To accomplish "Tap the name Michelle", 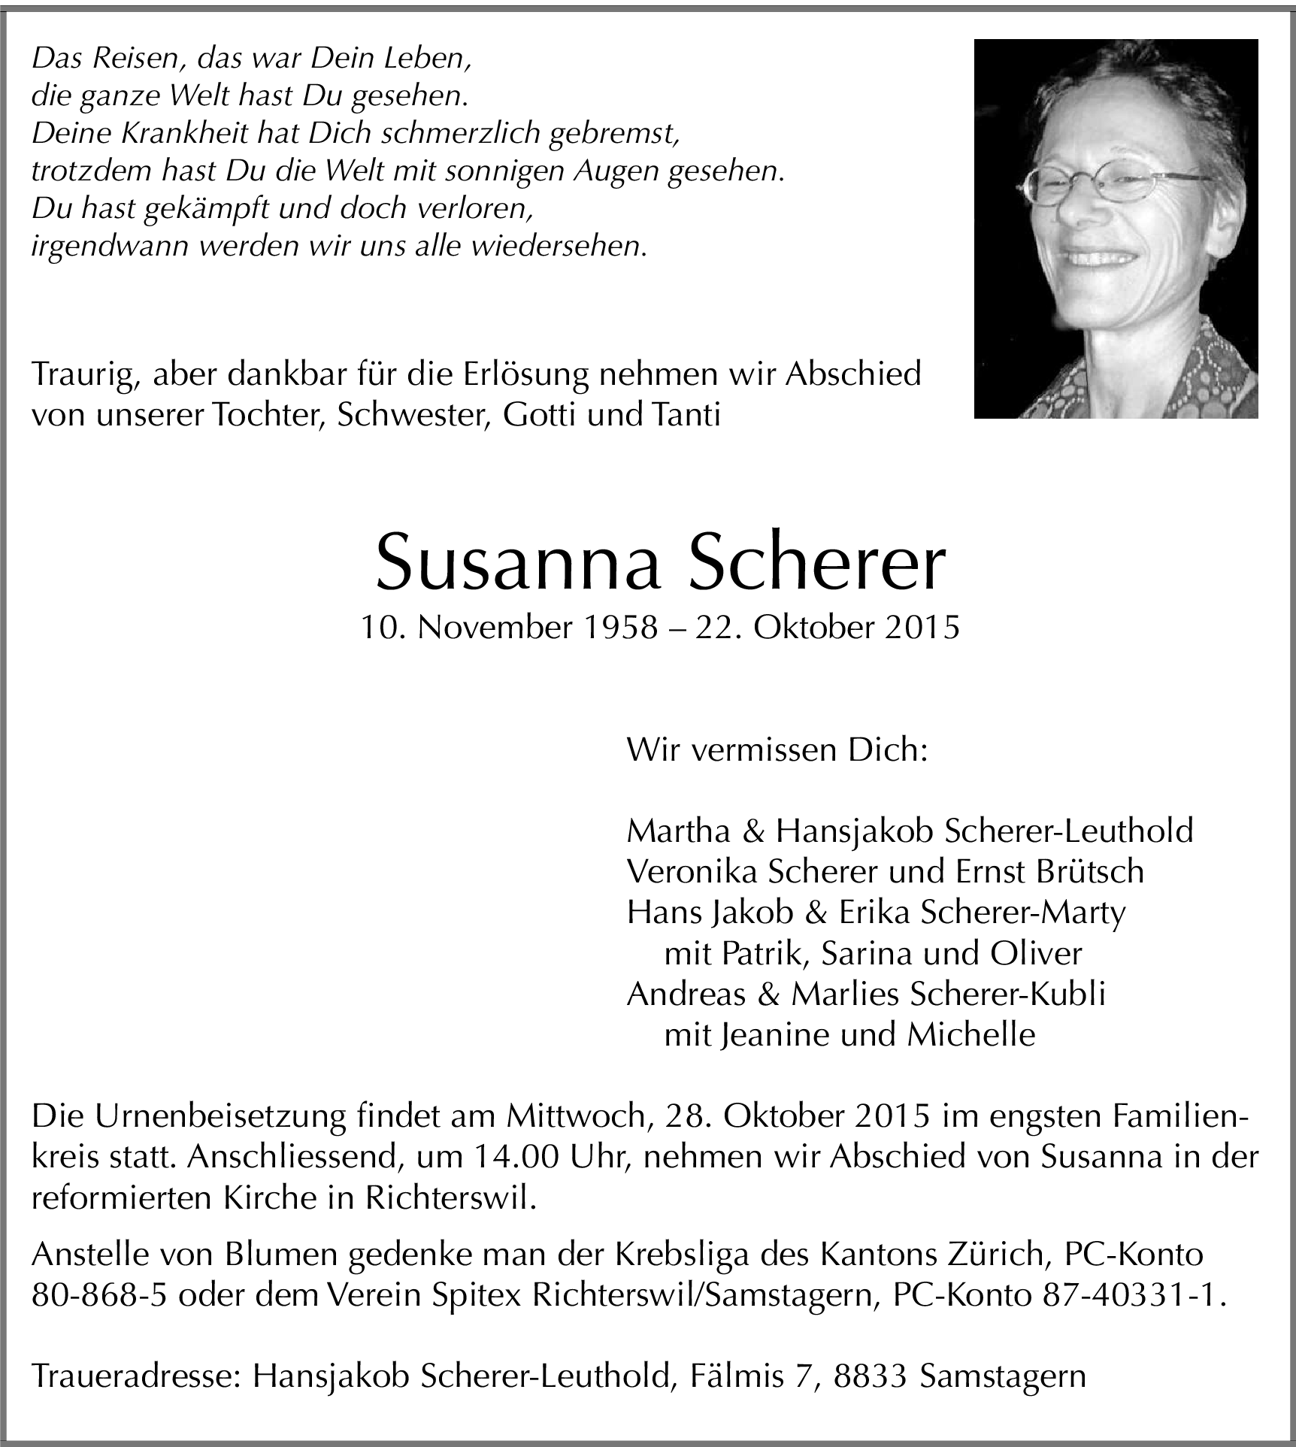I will (971, 1035).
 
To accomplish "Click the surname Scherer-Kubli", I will (1007, 994).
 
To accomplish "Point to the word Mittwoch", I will (575, 1116).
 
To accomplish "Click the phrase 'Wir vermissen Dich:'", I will (777, 750).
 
